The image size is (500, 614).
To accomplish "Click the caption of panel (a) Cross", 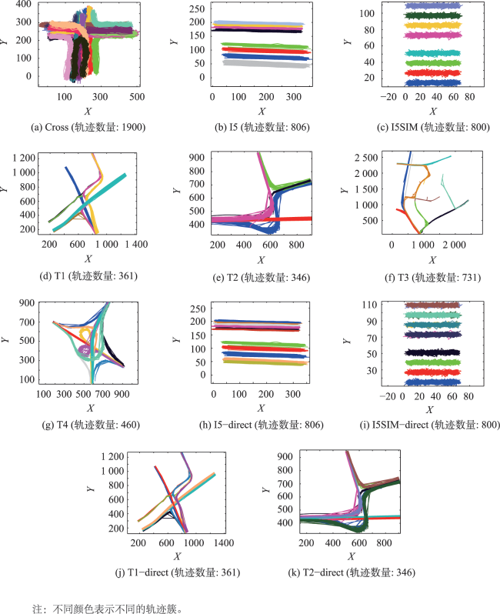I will (x=88, y=127).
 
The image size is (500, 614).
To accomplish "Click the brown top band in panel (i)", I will (x=431, y=305).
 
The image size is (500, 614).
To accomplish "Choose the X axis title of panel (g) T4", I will (x=91, y=406).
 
